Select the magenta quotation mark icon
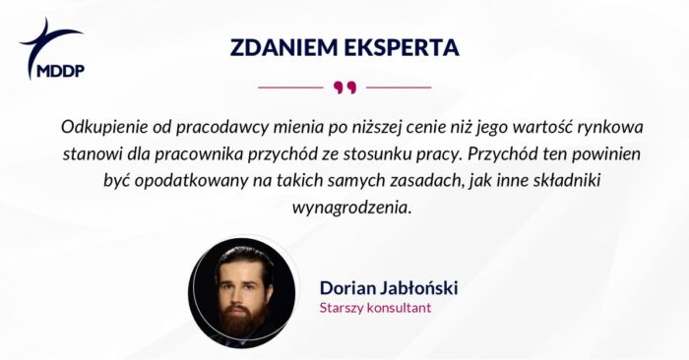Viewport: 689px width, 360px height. coord(344,88)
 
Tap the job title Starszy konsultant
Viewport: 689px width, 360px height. coord(375,307)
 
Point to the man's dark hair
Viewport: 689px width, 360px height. coord(242,259)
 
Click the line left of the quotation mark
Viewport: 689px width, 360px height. coord(290,88)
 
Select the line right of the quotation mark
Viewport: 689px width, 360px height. coord(399,88)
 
